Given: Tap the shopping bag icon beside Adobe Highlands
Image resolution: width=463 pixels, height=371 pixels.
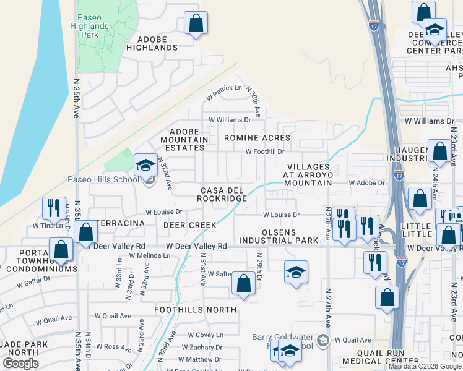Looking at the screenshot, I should tap(196, 23).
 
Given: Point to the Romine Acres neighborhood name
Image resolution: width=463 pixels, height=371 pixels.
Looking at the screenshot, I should tap(257, 138).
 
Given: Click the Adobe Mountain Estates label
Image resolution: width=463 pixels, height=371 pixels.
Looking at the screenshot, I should tap(184, 140).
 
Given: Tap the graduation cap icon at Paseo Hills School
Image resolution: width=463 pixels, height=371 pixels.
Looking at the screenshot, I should tap(145, 164).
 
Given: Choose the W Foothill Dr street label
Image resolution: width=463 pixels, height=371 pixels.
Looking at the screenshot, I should tap(264, 151).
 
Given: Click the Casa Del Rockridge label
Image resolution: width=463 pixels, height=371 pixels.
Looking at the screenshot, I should tap(222, 194).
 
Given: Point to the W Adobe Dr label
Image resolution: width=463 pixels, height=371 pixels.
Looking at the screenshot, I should tap(366, 183).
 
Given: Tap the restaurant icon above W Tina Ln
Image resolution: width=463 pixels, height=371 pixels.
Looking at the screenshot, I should tap(54, 207).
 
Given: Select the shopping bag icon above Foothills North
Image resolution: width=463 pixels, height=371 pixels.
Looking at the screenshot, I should tap(244, 284).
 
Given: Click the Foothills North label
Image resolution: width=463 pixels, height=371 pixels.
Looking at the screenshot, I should tap(196, 309).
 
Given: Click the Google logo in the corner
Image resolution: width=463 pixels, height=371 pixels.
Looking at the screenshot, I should tap(20, 364).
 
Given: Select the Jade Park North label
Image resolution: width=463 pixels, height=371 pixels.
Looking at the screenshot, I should tap(19, 348).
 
